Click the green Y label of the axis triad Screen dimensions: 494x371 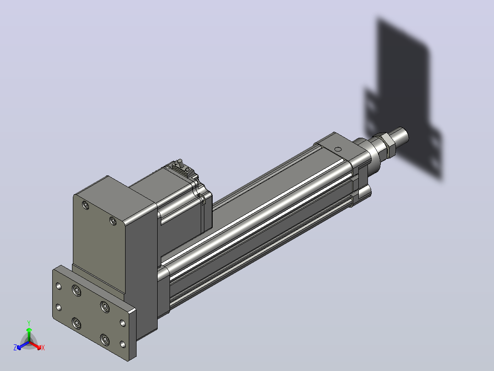(x=29, y=323)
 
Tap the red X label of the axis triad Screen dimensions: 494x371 (x=43, y=348)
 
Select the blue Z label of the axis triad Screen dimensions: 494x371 (x=15, y=347)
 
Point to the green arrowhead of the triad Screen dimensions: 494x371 (x=29, y=330)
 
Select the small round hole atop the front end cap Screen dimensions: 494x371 (x=338, y=149)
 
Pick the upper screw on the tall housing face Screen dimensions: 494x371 (x=85, y=206)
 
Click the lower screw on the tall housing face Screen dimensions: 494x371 (x=113, y=221)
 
